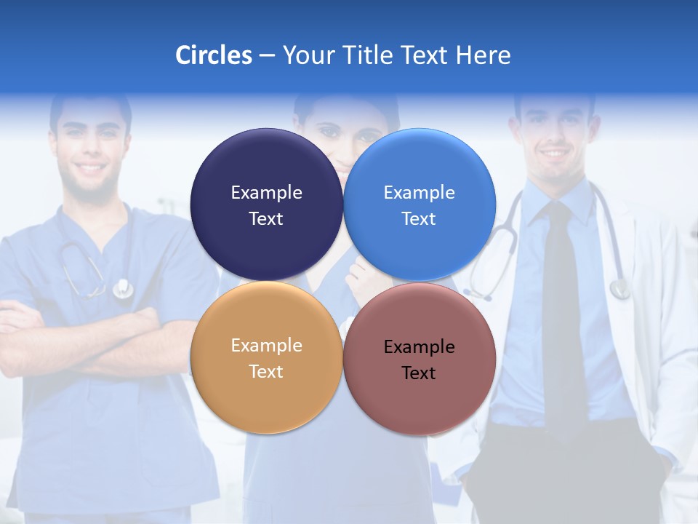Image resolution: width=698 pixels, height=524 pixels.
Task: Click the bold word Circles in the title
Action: coord(213,55)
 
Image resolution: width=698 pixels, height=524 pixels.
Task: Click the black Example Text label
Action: coord(419,360)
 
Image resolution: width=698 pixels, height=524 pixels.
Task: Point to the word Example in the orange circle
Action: coord(266,346)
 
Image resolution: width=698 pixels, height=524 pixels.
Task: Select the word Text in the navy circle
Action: coord(266,218)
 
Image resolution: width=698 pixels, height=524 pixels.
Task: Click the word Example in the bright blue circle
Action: coord(419,193)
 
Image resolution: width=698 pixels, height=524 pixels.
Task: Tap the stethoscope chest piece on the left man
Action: coord(123,289)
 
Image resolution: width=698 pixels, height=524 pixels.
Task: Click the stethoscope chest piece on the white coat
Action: coord(619,289)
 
